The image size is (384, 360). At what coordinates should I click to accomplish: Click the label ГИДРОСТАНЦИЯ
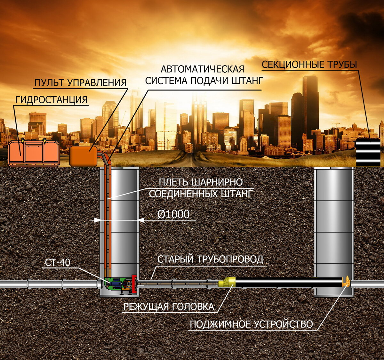tap(51, 100)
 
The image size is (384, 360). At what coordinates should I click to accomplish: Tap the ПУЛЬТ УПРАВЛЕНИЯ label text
tap(80, 83)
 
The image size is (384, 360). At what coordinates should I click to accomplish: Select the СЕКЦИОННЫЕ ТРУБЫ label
tap(309, 65)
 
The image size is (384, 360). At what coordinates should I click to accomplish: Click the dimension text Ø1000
tap(173, 214)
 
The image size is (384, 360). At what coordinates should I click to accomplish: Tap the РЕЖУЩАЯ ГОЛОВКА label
tap(169, 307)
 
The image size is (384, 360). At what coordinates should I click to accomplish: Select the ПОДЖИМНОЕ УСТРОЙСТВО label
tap(251, 324)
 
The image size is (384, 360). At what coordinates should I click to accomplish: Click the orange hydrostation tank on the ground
tap(34, 154)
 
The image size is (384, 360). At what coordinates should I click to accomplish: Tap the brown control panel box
tap(83, 156)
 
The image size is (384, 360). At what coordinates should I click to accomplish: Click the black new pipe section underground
tap(288, 283)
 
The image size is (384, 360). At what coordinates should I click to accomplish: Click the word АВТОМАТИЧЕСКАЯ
tap(202, 69)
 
